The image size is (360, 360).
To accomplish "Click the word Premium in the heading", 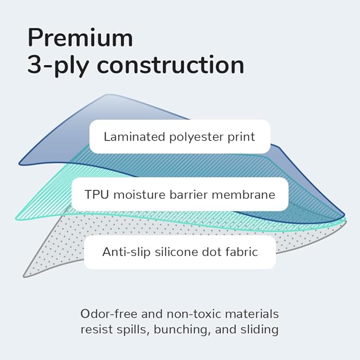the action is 80,38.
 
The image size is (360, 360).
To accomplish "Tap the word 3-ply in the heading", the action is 58,66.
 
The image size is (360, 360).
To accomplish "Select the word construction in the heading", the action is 170,64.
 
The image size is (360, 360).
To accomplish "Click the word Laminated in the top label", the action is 134,137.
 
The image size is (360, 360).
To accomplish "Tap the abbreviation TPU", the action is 96,195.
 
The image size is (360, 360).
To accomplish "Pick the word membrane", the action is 243,194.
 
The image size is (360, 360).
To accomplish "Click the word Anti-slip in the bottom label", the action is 126,252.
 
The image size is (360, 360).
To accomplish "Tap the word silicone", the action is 176,252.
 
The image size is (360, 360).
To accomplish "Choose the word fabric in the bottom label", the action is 242,252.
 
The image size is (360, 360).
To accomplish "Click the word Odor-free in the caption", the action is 109,314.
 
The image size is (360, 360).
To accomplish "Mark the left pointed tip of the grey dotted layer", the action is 24,276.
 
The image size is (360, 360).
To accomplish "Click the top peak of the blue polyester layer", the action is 108,94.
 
